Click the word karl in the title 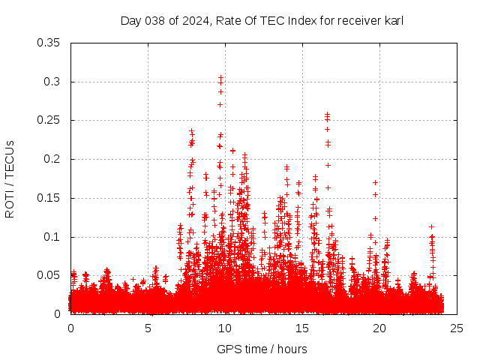(392, 20)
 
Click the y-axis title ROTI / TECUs (10, 179)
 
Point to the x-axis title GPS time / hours (262, 349)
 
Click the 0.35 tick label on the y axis (49, 43)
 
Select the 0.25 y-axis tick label (49, 120)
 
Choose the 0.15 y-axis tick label (49, 198)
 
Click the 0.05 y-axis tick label (49, 275)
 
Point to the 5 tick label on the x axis (148, 328)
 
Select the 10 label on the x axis (225, 328)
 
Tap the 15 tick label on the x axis (302, 328)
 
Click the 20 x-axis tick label (379, 328)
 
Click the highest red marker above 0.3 (220, 77)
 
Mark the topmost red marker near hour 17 (327, 114)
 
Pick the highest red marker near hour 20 (375, 182)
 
